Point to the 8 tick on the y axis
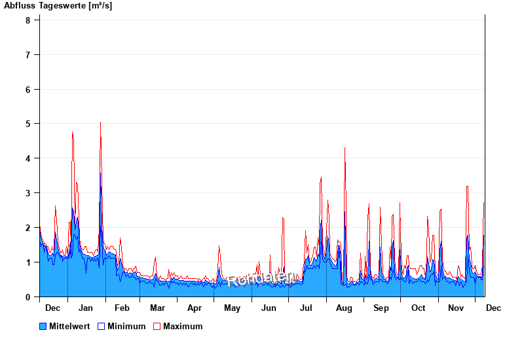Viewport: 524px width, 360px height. click(28, 20)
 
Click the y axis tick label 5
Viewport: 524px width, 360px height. click(28, 124)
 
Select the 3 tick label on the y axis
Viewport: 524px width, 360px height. click(28, 193)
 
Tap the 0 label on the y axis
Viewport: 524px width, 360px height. click(28, 297)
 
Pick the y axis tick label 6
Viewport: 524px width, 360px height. click(28, 89)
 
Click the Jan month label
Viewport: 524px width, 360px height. click(85, 308)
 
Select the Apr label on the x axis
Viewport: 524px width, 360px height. click(195, 308)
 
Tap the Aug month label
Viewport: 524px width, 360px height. click(344, 308)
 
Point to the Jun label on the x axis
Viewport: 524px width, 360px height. click(269, 308)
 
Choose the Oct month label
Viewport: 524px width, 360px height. click(418, 308)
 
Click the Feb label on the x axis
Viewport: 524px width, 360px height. click(122, 308)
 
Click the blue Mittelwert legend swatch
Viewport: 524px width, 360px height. click(43, 326)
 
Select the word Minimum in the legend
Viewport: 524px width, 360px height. click(126, 326)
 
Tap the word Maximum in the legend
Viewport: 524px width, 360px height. click(183, 326)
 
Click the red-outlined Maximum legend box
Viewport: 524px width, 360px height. click(157, 326)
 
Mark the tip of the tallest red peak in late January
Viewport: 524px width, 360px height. click(100, 122)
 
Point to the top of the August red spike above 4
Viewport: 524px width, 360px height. click(345, 148)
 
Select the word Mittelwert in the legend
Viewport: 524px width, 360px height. click(69, 326)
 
